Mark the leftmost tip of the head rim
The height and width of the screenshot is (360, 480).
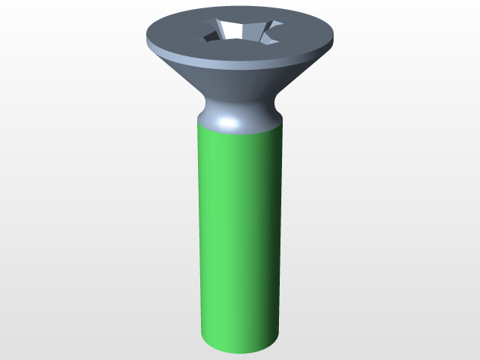[145, 35]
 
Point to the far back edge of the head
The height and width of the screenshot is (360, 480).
[240, 10]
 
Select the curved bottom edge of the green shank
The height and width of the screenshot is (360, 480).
[240, 353]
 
